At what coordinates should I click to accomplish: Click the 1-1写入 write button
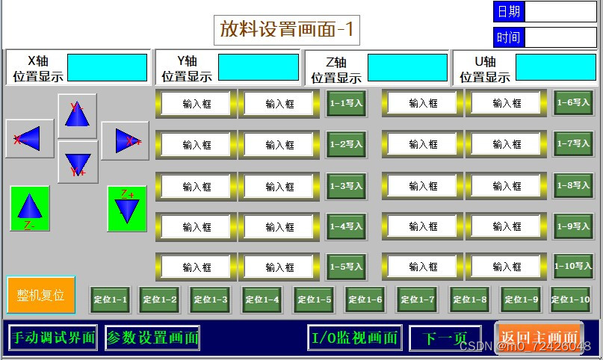tap(346, 104)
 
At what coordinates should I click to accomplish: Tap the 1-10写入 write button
tap(573, 266)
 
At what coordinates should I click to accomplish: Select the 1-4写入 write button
tap(346, 226)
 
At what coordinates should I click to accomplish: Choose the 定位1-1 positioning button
tap(110, 300)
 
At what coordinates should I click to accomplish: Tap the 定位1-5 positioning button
tap(314, 300)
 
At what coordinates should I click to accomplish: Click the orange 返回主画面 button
tap(539, 338)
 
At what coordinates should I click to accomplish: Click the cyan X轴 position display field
tap(108, 67)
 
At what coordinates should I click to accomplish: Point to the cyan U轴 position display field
tap(556, 67)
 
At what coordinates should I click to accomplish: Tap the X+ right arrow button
tap(120, 140)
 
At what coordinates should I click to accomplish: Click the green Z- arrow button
tap(29, 208)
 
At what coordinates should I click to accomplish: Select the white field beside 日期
tap(561, 11)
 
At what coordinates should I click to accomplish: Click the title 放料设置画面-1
tap(287, 30)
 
